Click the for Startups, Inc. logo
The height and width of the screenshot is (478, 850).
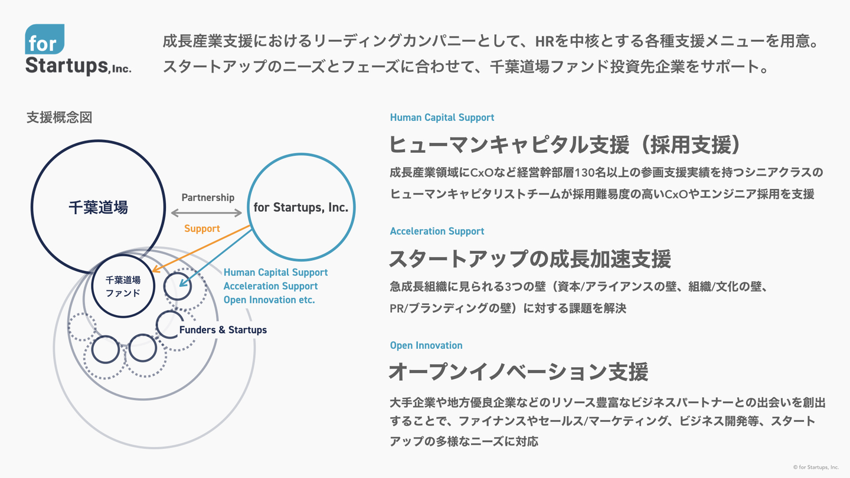(77, 51)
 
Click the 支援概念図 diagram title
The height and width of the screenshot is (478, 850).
(59, 117)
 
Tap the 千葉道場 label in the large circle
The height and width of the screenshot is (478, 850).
(98, 208)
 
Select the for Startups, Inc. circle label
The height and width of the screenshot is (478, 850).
(301, 208)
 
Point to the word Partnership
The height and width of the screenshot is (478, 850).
(208, 198)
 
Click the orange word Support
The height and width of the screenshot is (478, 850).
(202, 228)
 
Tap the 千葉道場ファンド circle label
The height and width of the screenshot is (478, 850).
(123, 286)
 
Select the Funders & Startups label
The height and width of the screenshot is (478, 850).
(223, 330)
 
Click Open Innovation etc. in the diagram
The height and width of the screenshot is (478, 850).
(269, 300)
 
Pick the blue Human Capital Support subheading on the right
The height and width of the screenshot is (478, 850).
(442, 117)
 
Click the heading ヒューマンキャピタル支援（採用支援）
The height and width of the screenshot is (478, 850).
(564, 145)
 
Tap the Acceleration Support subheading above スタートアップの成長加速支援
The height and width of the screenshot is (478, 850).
(437, 231)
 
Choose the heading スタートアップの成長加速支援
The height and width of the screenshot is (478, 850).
(529, 258)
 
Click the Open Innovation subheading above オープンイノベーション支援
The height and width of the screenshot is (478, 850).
(426, 345)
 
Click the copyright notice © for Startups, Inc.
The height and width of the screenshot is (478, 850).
(815, 467)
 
